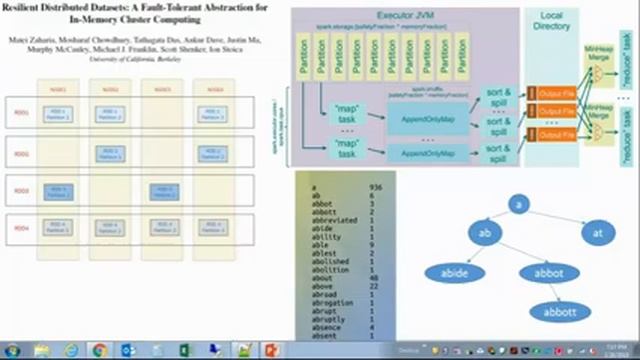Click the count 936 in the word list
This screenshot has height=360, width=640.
[375, 187]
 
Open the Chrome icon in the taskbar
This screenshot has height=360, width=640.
[100, 351]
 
